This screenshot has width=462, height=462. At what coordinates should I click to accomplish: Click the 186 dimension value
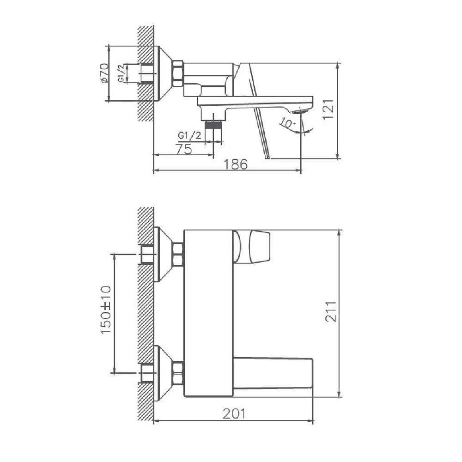(236, 164)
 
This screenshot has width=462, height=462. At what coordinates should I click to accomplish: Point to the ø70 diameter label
(103, 73)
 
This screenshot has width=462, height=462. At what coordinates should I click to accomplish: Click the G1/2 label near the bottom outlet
(189, 135)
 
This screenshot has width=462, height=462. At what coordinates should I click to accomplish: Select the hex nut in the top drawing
(178, 73)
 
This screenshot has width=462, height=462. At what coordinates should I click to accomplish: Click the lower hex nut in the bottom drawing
(178, 372)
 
